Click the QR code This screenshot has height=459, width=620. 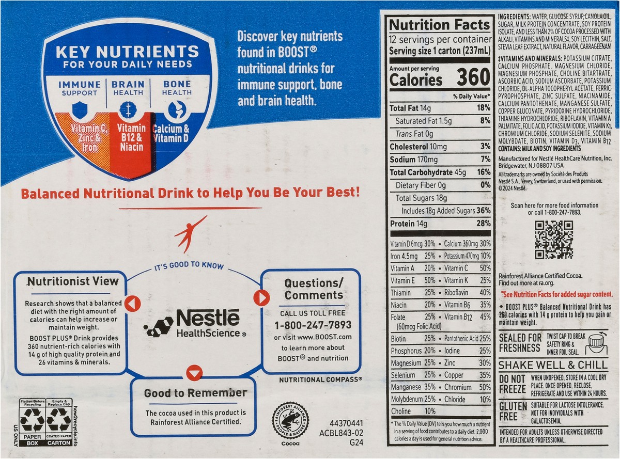[554, 240]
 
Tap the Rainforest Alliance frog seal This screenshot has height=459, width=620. [290, 421]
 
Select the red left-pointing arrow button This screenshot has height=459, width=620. [132, 304]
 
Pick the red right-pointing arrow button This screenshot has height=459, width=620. [261, 297]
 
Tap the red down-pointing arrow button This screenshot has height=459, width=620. [195, 373]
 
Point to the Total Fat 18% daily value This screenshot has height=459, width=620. [484, 108]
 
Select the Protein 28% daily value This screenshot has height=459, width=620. [484, 223]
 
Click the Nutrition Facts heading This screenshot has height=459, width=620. [439, 25]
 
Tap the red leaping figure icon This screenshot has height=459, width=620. [190, 234]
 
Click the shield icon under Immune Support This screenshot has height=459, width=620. [80, 110]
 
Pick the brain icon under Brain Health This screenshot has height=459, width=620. [128, 110]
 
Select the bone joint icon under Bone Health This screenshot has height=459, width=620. [177, 109]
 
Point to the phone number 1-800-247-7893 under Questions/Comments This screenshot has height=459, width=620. [313, 325]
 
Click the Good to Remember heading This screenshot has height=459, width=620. [195, 393]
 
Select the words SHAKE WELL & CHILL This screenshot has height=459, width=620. [553, 365]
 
